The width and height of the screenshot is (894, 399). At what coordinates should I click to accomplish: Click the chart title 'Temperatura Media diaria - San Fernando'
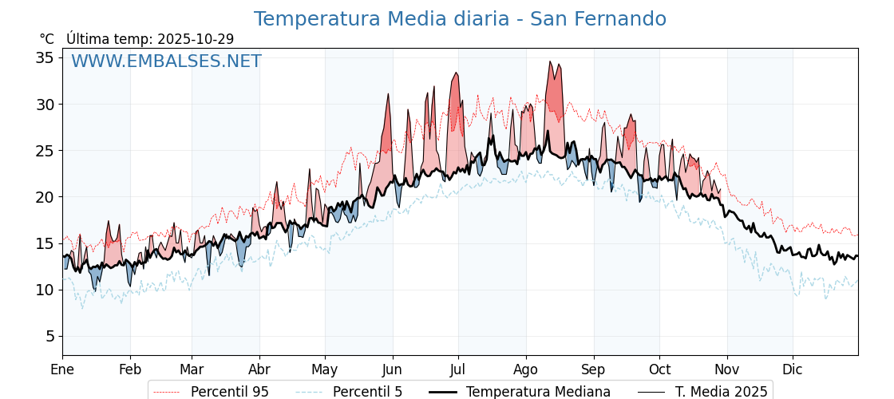[x=460, y=19]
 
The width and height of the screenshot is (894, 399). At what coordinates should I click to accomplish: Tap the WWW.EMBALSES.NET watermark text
[x=166, y=61]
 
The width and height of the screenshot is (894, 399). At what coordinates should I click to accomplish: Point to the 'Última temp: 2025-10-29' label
[x=150, y=39]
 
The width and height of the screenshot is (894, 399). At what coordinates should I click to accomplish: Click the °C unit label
[x=47, y=39]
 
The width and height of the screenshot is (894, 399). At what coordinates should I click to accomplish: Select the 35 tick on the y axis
[x=45, y=57]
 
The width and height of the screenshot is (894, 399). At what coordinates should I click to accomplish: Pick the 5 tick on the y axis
[x=49, y=336]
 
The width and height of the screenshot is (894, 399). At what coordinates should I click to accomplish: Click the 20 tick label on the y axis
[x=45, y=197]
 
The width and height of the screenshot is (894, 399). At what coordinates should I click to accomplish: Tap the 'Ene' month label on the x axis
[x=62, y=369]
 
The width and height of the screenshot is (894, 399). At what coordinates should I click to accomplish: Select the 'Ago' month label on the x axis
[x=525, y=369]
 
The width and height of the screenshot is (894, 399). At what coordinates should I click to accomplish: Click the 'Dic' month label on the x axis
[x=793, y=369]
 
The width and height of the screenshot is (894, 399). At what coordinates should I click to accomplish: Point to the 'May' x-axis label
[x=325, y=369]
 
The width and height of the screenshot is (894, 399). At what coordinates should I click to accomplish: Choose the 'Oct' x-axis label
[x=659, y=369]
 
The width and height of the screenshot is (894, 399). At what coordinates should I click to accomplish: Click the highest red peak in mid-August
[x=550, y=61]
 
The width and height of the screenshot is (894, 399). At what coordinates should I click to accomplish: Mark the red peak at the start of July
[x=456, y=73]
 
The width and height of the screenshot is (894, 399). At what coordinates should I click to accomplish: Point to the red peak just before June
[x=388, y=94]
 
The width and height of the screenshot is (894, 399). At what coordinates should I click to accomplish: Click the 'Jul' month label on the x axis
[x=458, y=369]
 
